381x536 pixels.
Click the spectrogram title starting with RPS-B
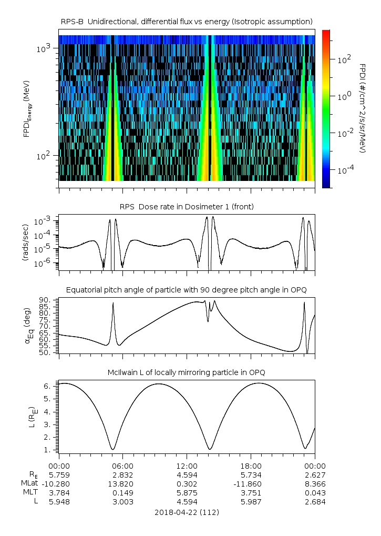click(187, 21)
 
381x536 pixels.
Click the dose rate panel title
click(187, 207)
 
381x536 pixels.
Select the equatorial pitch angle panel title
click(187, 290)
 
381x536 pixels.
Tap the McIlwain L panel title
click(187, 372)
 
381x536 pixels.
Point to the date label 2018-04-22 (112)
click(187, 512)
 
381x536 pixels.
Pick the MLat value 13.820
click(123, 483)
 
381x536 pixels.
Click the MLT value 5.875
click(187, 492)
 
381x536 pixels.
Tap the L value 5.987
click(251, 501)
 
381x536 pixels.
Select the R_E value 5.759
click(59, 474)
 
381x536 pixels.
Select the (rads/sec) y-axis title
click(25, 242)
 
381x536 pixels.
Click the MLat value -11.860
click(251, 483)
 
